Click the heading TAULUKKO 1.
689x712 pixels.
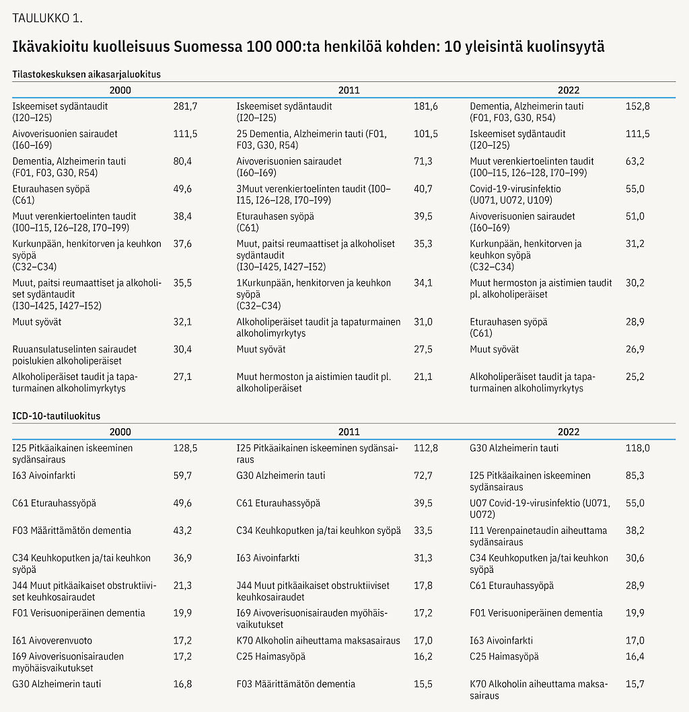click(x=48, y=17)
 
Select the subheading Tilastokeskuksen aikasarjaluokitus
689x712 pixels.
click(x=87, y=75)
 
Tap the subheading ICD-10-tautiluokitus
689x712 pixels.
click(x=57, y=416)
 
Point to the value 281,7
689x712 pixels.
click(x=185, y=106)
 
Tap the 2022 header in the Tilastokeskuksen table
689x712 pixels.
click(x=569, y=90)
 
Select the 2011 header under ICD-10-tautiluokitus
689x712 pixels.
click(x=349, y=432)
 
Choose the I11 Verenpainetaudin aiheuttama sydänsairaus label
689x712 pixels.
click(x=538, y=536)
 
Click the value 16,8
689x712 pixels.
click(x=182, y=684)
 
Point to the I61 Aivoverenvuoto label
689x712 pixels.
click(x=52, y=640)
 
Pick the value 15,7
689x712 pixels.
click(x=635, y=684)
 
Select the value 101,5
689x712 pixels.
click(x=426, y=134)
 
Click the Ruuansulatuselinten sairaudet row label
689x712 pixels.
click(x=75, y=354)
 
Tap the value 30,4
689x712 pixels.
click(x=182, y=349)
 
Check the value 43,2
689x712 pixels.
click(x=182, y=530)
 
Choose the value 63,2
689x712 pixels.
click(x=635, y=161)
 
